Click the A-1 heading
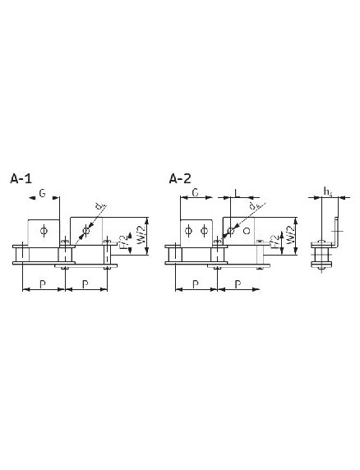21,177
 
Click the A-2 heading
180,177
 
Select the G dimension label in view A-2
196,192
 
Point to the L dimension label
237,192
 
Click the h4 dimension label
328,192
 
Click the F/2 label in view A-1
123,244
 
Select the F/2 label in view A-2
274,244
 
